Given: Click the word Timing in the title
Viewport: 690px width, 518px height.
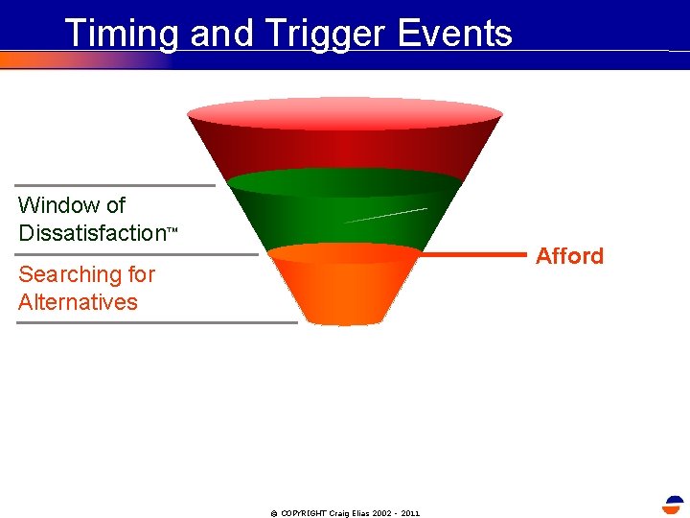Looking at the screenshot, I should pyautogui.click(x=122, y=34).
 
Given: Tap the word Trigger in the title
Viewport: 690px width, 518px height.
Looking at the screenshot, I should pyautogui.click(x=311, y=34).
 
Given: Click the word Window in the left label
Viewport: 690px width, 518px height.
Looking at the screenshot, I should pyautogui.click(x=58, y=205).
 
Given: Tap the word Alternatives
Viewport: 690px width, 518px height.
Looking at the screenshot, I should pyautogui.click(x=78, y=302).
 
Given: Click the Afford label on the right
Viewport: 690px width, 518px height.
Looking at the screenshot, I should pyautogui.click(x=569, y=256).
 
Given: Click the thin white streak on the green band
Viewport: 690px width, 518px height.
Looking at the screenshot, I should pyautogui.click(x=385, y=215).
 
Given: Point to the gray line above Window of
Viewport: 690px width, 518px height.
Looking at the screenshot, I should pyautogui.click(x=115, y=185).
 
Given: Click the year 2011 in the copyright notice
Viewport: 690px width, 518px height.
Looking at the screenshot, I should pyautogui.click(x=409, y=513).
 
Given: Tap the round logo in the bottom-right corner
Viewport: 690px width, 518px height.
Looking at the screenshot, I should pyautogui.click(x=674, y=506).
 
